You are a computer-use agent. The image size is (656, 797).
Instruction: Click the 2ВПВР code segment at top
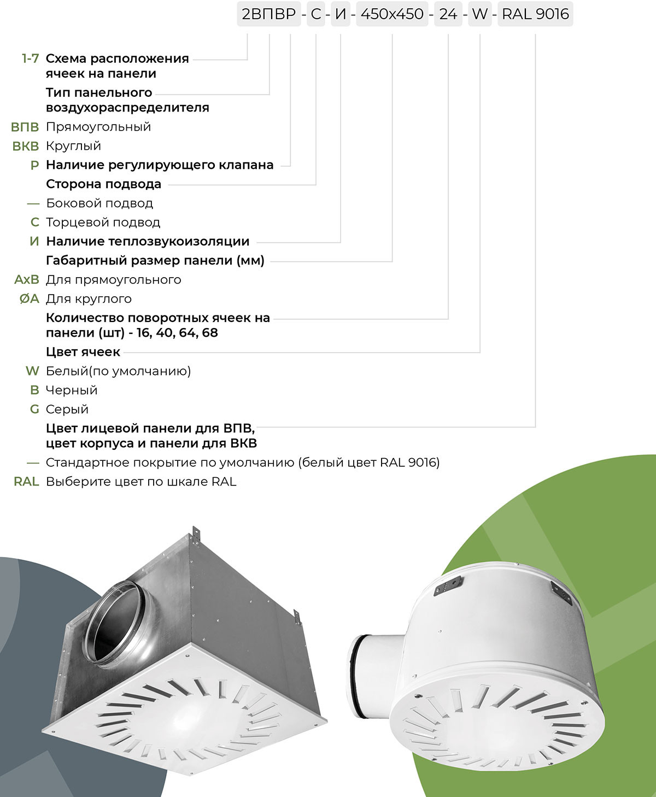pos(268,14)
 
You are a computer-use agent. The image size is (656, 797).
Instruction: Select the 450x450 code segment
pos(392,14)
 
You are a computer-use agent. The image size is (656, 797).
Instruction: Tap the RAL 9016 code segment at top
pos(535,14)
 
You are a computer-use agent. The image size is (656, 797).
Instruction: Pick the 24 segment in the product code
pos(448,14)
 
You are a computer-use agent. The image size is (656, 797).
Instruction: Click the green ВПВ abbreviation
pos(25,127)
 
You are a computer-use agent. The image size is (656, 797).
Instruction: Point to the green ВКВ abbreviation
pos(26,146)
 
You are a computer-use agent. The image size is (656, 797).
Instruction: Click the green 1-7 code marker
pos(30,58)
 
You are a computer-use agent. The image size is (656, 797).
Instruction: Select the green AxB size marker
pos(27,280)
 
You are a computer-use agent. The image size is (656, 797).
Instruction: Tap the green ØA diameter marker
pos(30,299)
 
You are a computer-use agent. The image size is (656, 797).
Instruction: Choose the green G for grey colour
pos(34,409)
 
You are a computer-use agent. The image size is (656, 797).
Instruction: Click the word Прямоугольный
pos(98,127)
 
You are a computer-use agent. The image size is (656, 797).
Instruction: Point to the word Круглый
pos(73,146)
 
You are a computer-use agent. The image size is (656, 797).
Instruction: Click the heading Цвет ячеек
pos(83,352)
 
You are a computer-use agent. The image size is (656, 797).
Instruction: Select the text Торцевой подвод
pos(103,222)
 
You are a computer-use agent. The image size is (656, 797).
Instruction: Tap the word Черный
pos(72,390)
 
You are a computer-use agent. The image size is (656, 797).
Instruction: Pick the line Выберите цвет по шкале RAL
pos(141,482)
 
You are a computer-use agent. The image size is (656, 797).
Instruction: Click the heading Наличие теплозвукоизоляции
pos(148,242)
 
